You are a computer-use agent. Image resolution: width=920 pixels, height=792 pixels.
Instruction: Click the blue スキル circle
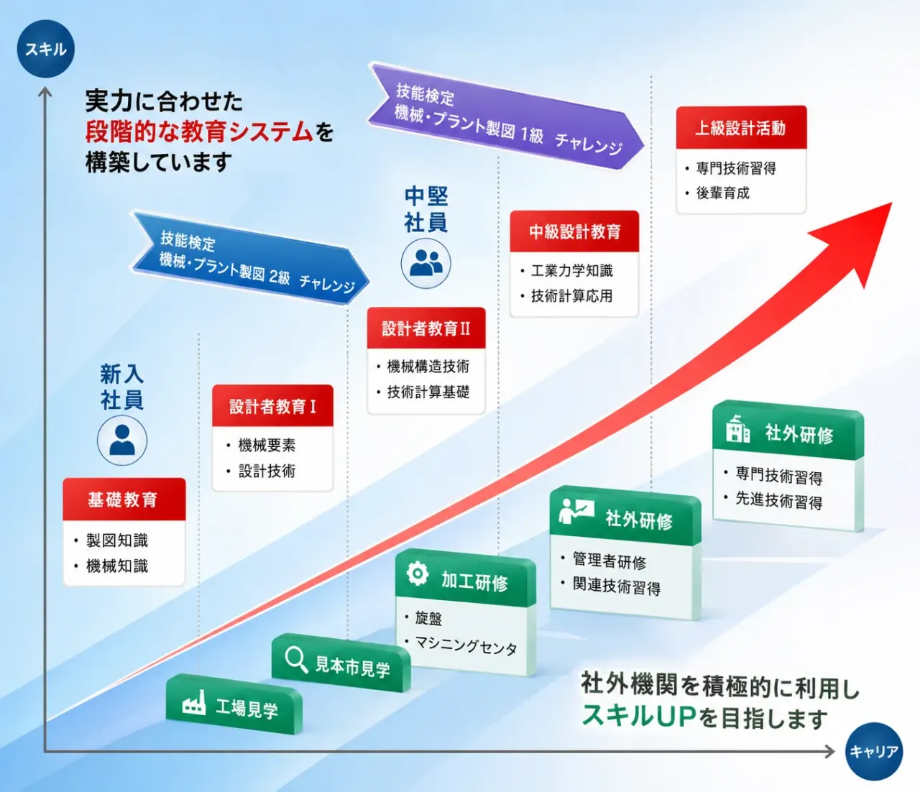tap(45, 48)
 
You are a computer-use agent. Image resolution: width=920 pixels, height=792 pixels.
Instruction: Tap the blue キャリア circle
tap(874, 752)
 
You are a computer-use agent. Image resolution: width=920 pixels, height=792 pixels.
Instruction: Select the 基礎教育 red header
tap(124, 499)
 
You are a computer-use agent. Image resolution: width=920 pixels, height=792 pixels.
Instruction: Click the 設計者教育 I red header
tap(272, 406)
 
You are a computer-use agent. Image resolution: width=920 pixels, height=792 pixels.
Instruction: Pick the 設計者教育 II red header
tap(426, 328)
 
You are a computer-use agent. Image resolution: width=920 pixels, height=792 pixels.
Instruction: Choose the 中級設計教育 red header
tap(574, 231)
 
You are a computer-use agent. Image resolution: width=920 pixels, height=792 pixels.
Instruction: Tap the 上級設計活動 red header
tap(741, 127)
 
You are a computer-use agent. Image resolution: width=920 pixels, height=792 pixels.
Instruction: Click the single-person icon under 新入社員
tap(122, 440)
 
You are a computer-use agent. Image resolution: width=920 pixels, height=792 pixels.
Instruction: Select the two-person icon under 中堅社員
tap(426, 263)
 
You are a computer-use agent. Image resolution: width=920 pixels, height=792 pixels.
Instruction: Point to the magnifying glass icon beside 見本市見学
tap(296, 660)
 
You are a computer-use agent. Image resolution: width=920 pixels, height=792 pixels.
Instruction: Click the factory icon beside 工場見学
tap(194, 703)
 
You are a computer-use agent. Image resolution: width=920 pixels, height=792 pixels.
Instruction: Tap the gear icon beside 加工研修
tap(417, 574)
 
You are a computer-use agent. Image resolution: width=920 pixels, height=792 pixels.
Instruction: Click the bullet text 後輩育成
tap(722, 193)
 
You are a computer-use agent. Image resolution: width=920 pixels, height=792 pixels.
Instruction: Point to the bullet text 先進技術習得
tap(779, 500)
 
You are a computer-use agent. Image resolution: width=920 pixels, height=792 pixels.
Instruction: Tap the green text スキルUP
tap(639, 716)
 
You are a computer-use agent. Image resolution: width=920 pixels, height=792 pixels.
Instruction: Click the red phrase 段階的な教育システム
tap(199, 132)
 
